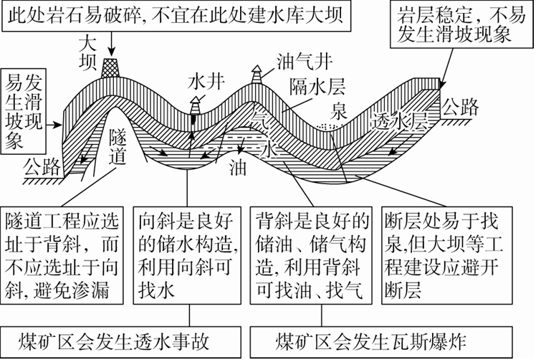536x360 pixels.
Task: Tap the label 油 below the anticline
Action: (237, 169)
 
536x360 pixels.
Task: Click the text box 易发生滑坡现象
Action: (24, 108)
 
